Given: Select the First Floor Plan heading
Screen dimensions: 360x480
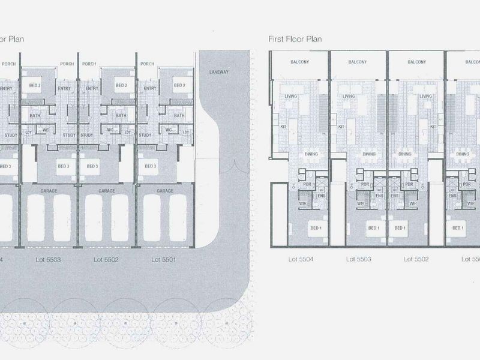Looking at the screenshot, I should pyautogui.click(x=295, y=39).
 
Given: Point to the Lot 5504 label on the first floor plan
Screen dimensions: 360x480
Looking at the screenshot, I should pyautogui.click(x=300, y=259).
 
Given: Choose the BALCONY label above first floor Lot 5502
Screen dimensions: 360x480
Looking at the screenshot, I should pyautogui.click(x=416, y=62).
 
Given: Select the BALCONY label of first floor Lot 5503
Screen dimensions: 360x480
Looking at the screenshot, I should pyautogui.click(x=358, y=62).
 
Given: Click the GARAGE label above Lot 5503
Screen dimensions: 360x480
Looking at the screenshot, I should pyautogui.click(x=49, y=190).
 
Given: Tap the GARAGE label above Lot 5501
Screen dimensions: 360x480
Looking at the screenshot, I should pyautogui.click(x=165, y=190).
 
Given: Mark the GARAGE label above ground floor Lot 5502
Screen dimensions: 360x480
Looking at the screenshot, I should pyautogui.click(x=107, y=190).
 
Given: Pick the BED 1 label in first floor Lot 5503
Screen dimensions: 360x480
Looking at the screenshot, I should pyautogui.click(x=374, y=228).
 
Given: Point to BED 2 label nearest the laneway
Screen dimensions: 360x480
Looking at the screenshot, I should pyautogui.click(x=179, y=85).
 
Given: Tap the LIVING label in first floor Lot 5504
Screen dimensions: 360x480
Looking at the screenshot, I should pyautogui.click(x=291, y=97).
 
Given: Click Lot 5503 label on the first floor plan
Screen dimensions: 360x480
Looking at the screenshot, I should pyautogui.click(x=358, y=259).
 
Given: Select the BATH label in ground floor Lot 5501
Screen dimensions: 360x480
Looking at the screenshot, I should pyautogui.click(x=179, y=116).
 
